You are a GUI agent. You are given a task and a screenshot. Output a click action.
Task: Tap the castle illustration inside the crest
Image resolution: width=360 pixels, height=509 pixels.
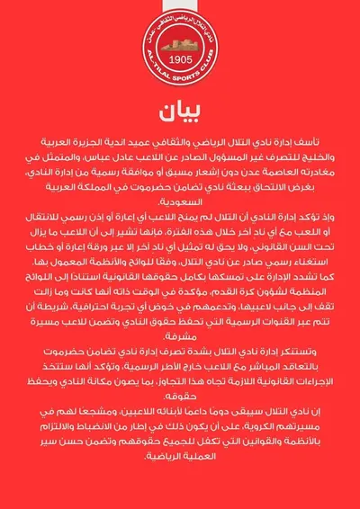(x=180, y=45)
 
